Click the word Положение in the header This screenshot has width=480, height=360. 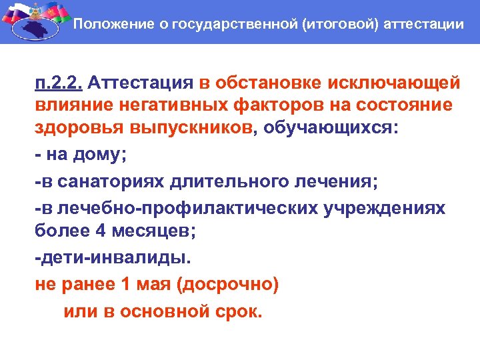pyautogui.click(x=106, y=25)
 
